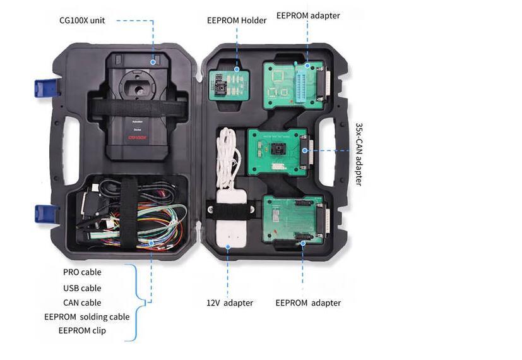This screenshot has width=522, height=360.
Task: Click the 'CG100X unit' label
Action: pos(82,20)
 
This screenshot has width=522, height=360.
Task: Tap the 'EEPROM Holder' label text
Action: pos(236,20)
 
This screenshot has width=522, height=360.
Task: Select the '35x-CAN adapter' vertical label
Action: pos(359,154)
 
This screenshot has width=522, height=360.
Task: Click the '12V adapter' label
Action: pos(229,303)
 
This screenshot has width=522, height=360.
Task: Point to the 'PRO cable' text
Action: pos(82,272)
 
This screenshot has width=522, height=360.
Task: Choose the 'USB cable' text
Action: pos(82,288)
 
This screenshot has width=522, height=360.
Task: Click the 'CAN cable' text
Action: pos(82,303)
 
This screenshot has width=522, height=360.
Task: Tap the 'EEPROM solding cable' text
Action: pos(86,316)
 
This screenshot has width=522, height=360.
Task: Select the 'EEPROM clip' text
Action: pos(82,331)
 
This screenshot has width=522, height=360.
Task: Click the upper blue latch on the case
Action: pos(45,88)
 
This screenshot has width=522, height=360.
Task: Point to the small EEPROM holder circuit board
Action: pos(229,85)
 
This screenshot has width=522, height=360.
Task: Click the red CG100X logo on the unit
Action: pos(138,137)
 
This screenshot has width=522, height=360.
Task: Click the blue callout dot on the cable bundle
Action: pos(151,243)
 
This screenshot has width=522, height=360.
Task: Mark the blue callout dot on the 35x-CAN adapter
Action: pos(304,150)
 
